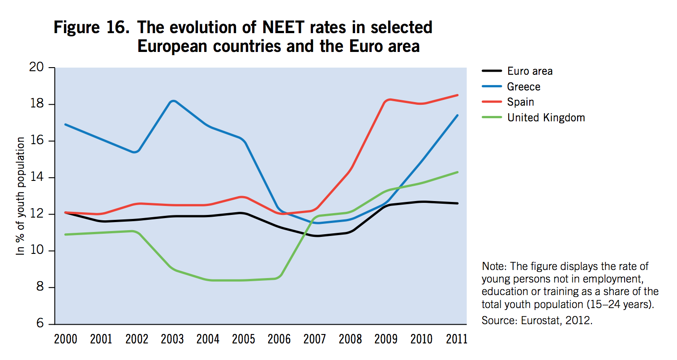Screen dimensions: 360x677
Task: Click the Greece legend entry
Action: tap(523, 86)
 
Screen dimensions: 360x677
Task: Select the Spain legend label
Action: tap(520, 102)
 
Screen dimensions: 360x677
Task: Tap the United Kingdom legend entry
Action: tap(546, 118)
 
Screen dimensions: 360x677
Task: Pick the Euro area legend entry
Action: tap(530, 71)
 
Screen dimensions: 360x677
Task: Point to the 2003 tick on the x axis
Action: tap(172, 339)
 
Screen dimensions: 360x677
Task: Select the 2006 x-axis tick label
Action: tap(279, 339)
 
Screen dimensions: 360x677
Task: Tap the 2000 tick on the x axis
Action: tap(65, 339)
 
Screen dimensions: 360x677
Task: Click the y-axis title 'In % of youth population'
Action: tap(21, 196)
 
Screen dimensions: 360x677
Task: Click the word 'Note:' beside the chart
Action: tap(494, 266)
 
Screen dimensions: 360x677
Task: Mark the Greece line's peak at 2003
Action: tap(173, 101)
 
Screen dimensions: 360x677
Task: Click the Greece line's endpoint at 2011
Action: tap(457, 116)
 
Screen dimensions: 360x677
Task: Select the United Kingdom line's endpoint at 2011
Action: tap(457, 172)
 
